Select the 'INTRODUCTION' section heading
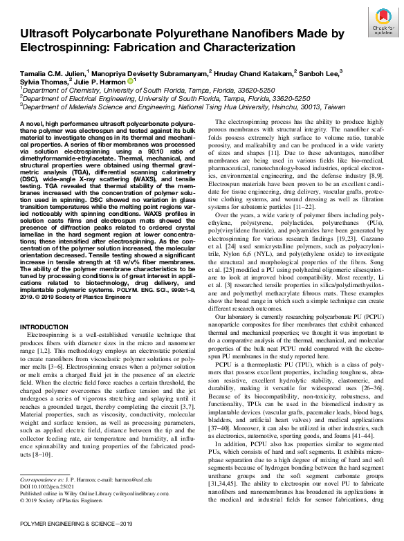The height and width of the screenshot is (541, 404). [x=44, y=326]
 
